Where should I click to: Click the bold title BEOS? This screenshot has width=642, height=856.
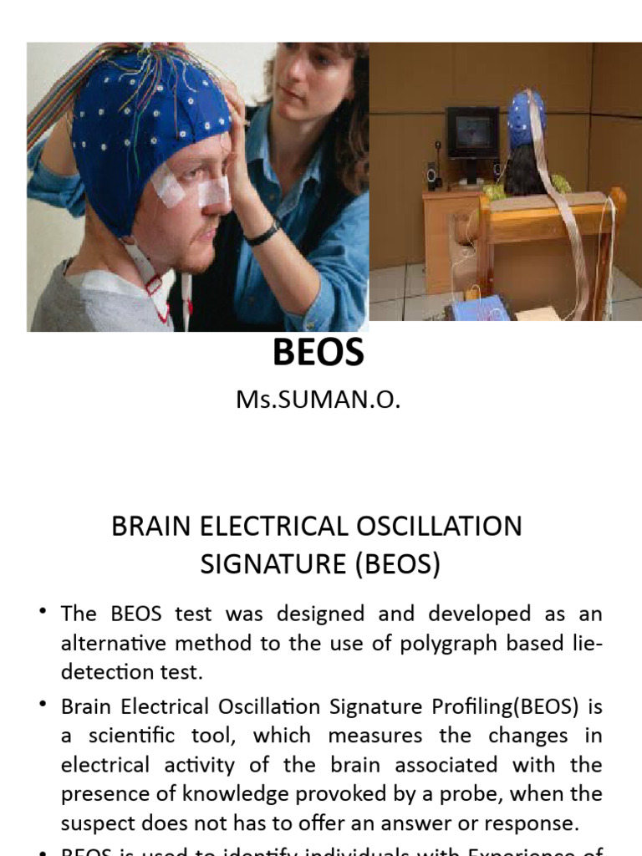tap(318, 353)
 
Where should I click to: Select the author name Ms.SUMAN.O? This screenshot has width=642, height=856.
tap(318, 400)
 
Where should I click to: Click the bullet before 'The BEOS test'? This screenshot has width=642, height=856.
tap(43, 614)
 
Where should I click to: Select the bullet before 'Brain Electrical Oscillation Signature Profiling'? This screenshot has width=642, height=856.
tap(43, 706)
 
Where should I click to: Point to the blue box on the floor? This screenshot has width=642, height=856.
tap(478, 309)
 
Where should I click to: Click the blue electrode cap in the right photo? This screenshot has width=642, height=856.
tap(527, 117)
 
